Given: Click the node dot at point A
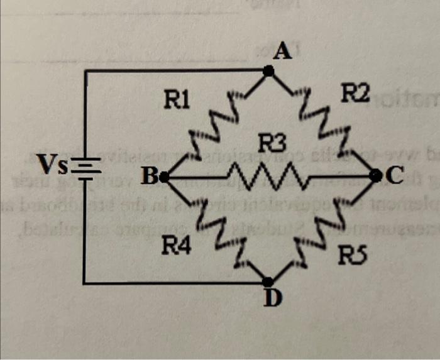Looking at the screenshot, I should pyautogui.click(x=268, y=72).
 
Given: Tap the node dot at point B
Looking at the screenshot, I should pyautogui.click(x=165, y=178).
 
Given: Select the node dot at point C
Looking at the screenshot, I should pyautogui.click(x=375, y=176).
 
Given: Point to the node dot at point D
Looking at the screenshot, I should pyautogui.click(x=268, y=283).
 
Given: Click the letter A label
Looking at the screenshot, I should pyautogui.click(x=282, y=52).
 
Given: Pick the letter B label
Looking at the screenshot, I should pyautogui.click(x=148, y=178).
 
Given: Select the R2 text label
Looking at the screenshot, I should pyautogui.click(x=355, y=94).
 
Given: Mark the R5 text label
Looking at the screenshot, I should pyautogui.click(x=352, y=255).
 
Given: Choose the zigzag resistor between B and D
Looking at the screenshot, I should pyautogui.click(x=216, y=230).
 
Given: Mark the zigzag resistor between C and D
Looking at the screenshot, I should pyautogui.click(x=322, y=230).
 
